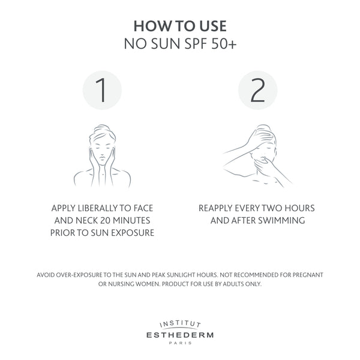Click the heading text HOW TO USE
(x=180, y=26)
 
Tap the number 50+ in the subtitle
(x=224, y=44)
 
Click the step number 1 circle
(x=102, y=90)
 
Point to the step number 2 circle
(x=257, y=90)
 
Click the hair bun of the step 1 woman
(x=102, y=128)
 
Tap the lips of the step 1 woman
(x=102, y=158)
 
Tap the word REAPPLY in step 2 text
(x=215, y=208)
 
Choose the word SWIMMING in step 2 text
(x=281, y=221)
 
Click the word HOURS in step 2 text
(x=299, y=208)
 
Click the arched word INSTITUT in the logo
(x=180, y=324)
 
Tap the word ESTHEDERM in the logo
(x=180, y=335)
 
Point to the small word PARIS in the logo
(x=180, y=343)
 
